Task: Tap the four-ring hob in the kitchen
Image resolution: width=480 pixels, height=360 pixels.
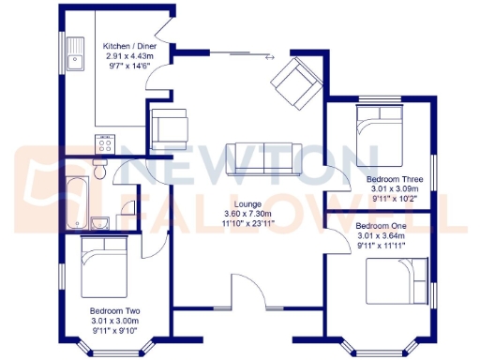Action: tap(103, 143)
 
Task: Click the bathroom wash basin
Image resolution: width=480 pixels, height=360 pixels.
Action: tap(103, 221)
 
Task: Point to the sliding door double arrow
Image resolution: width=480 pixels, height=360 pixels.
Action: tap(271, 58)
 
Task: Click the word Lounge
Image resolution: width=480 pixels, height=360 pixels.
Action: tap(247, 202)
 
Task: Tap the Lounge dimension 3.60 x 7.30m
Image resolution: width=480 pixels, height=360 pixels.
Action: tap(247, 214)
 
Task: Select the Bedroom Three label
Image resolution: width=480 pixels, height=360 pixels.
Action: tap(394, 178)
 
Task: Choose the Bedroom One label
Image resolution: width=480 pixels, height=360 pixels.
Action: tap(382, 226)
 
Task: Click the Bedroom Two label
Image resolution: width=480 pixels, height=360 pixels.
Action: tap(115, 310)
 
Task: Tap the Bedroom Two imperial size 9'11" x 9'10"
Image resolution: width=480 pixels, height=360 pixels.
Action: tap(115, 331)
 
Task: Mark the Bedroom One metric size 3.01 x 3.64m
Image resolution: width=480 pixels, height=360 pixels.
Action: tap(382, 236)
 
